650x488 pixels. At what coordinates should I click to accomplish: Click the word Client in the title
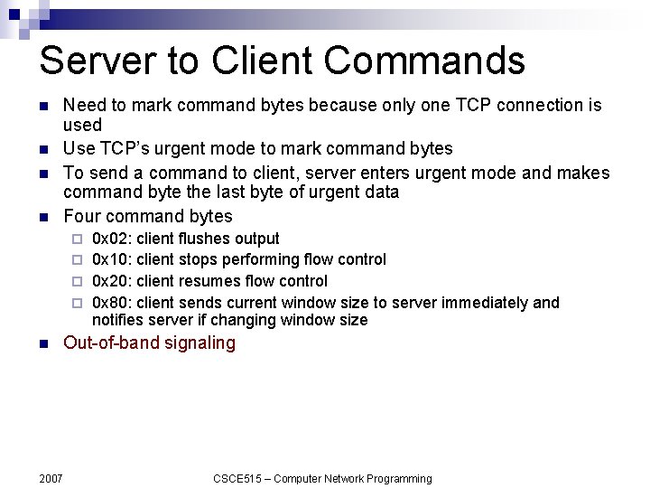point(249,61)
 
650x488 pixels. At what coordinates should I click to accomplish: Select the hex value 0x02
point(111,239)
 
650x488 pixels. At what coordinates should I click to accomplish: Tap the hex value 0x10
point(111,259)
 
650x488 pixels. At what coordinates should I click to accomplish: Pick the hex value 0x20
point(111,281)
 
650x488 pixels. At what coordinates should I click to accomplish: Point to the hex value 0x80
point(111,303)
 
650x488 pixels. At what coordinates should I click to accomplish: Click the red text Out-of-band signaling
point(149,343)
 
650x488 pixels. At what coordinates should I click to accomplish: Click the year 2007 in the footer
point(51,478)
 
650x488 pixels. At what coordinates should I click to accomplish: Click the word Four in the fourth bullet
point(82,216)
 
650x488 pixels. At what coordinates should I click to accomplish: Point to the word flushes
point(204,239)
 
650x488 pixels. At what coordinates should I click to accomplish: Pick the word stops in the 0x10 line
point(199,259)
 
